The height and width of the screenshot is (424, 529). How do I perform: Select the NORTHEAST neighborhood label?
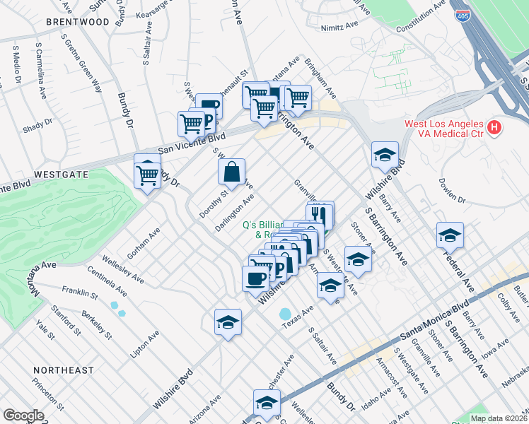(63, 370)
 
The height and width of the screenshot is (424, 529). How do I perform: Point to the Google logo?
(23, 416)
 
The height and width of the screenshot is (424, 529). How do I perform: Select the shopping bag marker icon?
(231, 171)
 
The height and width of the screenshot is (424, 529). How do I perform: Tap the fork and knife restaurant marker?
(320, 213)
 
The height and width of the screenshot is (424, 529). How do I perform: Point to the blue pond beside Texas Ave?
(285, 313)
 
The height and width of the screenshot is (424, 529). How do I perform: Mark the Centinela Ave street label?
(107, 280)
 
